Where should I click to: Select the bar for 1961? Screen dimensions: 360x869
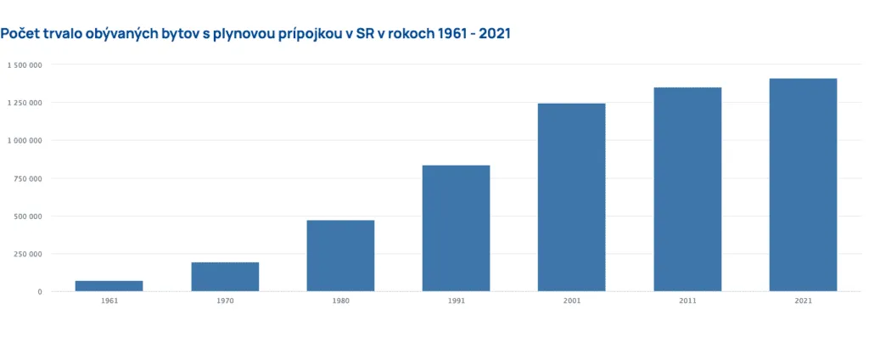[109, 286]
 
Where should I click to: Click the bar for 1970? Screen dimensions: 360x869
[225, 277]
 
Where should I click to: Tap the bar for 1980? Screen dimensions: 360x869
[340, 256]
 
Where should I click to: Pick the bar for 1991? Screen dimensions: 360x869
[456, 228]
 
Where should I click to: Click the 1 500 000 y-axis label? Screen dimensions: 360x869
[25, 65]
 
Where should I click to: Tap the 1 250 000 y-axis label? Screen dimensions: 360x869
[25, 103]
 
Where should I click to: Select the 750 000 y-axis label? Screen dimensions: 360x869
[28, 178]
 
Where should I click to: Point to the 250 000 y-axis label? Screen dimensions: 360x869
[28, 254]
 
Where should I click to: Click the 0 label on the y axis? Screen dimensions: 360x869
[39, 292]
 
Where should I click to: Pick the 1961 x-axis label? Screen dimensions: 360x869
[109, 301]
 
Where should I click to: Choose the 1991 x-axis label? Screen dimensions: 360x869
[456, 301]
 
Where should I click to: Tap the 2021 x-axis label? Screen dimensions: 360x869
[803, 301]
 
